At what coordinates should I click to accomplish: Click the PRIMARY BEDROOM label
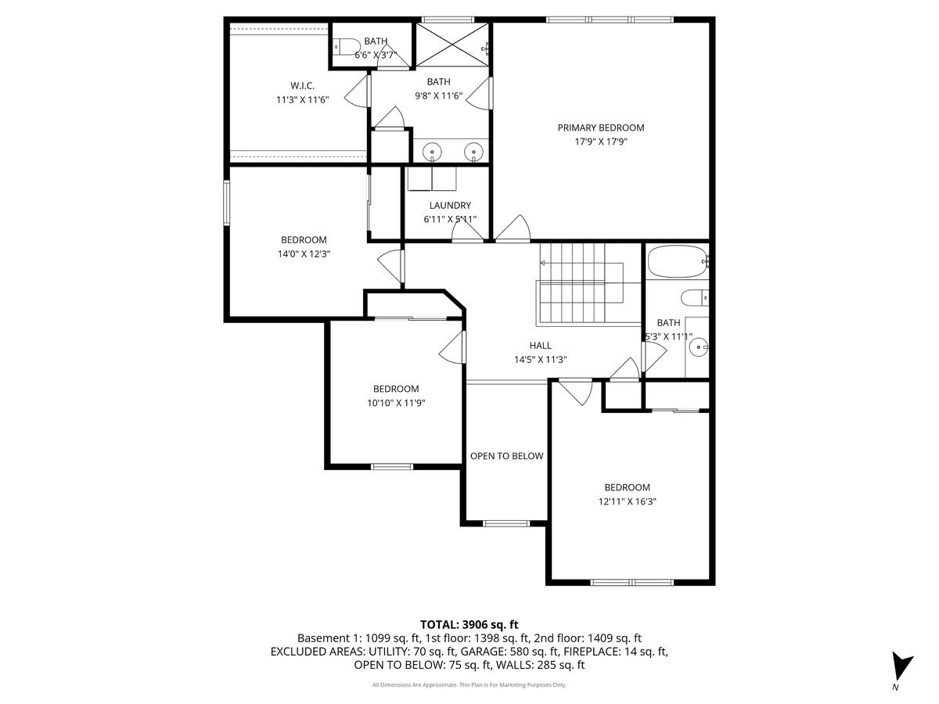pyautogui.click(x=600, y=128)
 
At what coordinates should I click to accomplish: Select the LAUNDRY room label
pyautogui.click(x=449, y=206)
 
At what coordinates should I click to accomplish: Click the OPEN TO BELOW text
pyautogui.click(x=506, y=456)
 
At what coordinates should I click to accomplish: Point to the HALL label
pyautogui.click(x=540, y=345)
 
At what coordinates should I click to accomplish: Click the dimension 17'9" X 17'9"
pyautogui.click(x=600, y=142)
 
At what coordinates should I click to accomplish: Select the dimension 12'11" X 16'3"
pyautogui.click(x=627, y=501)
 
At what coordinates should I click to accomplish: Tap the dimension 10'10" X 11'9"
pyautogui.click(x=395, y=403)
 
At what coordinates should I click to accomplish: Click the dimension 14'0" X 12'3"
pyautogui.click(x=304, y=254)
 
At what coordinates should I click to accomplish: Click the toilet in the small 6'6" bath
pyautogui.click(x=345, y=45)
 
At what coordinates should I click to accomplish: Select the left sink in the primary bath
pyautogui.click(x=432, y=151)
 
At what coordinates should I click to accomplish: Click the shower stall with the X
pyautogui.click(x=452, y=45)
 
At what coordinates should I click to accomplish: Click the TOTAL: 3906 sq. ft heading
pyautogui.click(x=469, y=624)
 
